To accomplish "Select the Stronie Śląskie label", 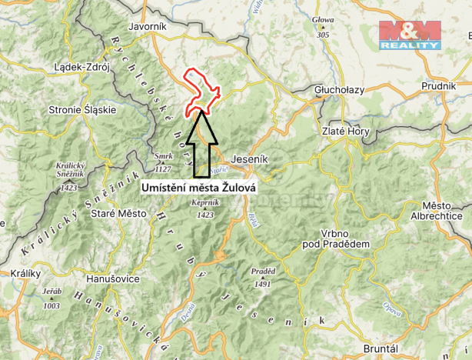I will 82,109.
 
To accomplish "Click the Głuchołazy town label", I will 339,89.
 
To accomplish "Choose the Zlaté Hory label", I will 345,131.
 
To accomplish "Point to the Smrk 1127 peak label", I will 162,161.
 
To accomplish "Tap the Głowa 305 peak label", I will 323,29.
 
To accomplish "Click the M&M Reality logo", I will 411,35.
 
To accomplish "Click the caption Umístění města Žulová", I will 198,186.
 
